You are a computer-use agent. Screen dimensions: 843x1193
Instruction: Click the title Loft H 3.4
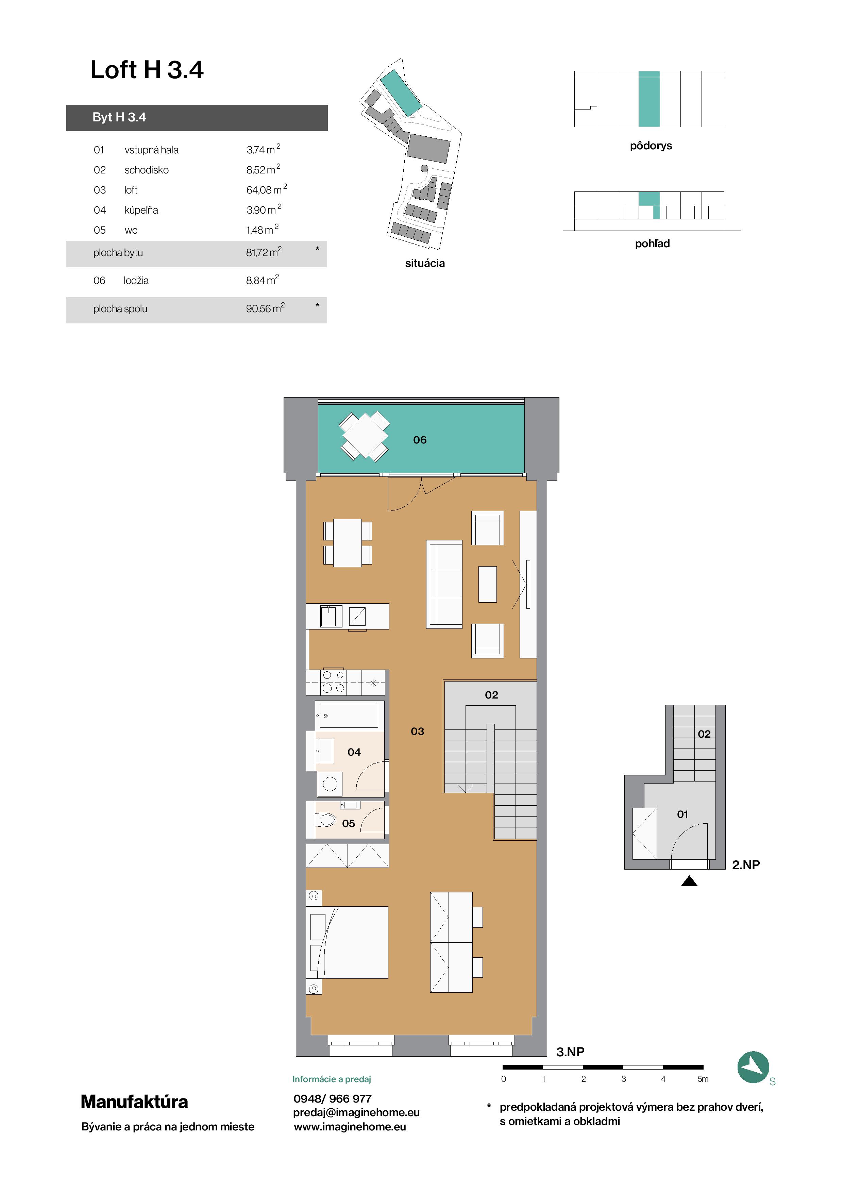pos(147,70)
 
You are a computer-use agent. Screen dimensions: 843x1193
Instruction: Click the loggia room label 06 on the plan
pos(420,440)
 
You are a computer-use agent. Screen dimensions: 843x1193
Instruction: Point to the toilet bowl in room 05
pos(326,820)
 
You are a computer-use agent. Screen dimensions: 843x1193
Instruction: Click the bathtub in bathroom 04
pos(349,716)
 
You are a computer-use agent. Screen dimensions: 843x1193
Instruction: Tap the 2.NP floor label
pos(745,864)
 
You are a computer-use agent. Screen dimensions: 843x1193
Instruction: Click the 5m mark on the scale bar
pos(703,1079)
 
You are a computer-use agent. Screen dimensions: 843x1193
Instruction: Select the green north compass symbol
pos(753,1067)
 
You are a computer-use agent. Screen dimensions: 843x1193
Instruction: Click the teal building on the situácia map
pos(401,93)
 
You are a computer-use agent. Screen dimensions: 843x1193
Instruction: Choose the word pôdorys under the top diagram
pos(651,146)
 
